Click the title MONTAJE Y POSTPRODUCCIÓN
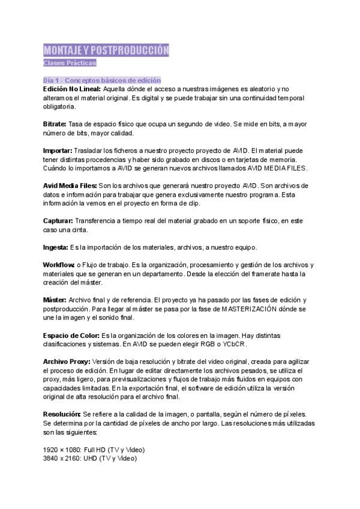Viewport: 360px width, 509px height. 106,50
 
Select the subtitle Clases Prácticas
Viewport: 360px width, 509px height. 70,63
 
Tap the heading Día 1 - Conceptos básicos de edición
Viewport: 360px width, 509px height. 102,80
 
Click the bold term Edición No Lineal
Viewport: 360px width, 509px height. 72,88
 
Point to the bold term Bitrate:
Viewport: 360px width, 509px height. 55,124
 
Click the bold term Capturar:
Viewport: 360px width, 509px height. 58,220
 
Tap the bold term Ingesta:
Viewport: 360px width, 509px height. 55,247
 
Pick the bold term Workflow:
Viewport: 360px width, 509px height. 59,265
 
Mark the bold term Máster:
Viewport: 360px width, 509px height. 55,300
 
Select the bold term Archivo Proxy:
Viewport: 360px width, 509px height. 67,361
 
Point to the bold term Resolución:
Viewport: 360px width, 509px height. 62,414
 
